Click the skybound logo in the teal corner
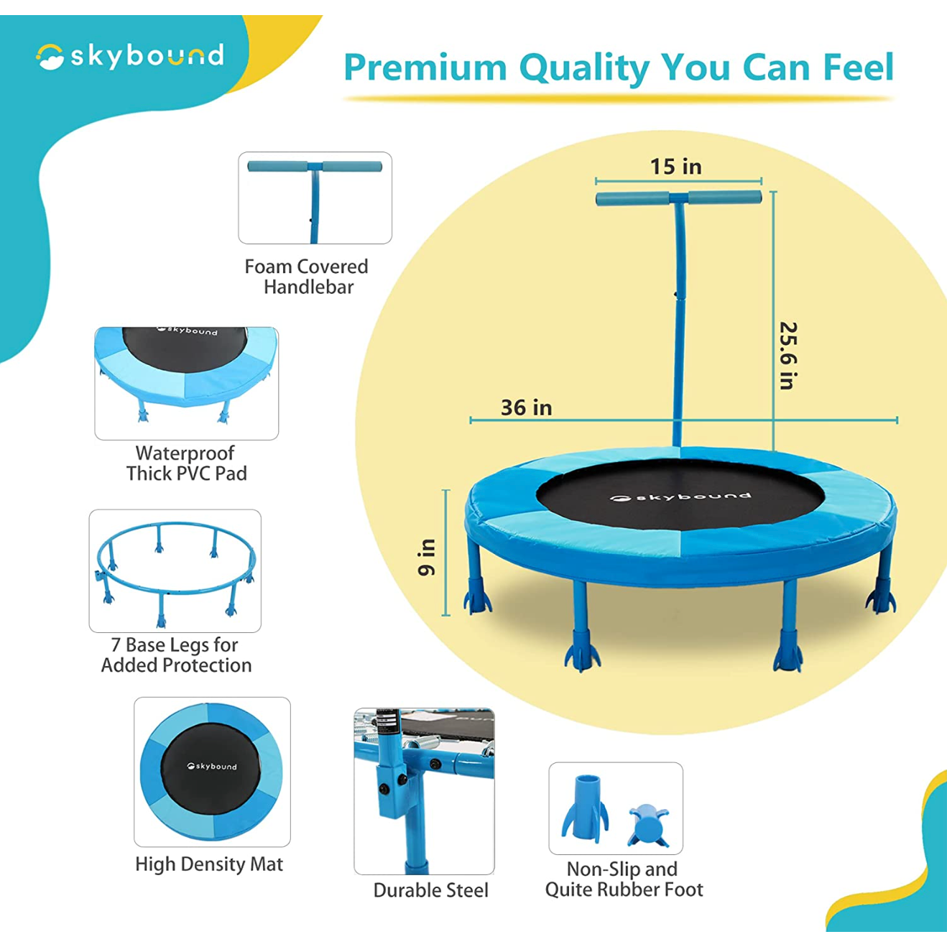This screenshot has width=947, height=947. click(x=130, y=57)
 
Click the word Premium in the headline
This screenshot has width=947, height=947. click(x=425, y=68)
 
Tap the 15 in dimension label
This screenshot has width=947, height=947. click(x=675, y=167)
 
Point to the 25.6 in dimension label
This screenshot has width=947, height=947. click(x=788, y=356)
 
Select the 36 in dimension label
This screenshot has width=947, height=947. click(x=527, y=407)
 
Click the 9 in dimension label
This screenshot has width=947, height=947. click(x=427, y=557)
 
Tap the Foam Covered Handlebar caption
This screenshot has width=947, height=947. click(x=307, y=277)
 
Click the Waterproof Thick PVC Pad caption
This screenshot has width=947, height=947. click(x=186, y=463)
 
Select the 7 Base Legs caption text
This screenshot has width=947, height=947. click(x=176, y=655)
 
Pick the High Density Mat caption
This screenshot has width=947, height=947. click(x=209, y=864)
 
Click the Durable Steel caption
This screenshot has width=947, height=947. click(x=430, y=890)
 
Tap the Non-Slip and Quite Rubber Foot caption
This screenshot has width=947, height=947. click(x=624, y=879)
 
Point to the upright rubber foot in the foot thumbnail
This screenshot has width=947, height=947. click(x=586, y=808)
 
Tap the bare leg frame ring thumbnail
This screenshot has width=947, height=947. click(x=175, y=570)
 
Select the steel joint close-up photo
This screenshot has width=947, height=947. click(x=424, y=791)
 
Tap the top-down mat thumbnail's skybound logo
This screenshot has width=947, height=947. click(x=212, y=766)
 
